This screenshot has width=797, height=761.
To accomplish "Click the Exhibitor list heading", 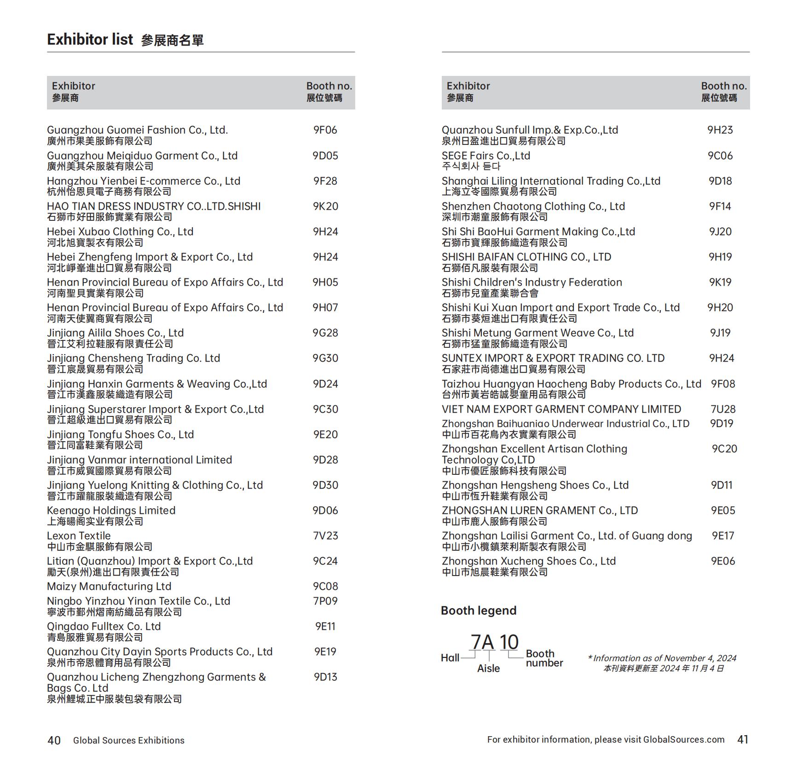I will (90, 40).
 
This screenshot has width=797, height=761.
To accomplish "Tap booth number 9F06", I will (325, 130).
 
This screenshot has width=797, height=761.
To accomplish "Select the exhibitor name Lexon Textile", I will (79, 536).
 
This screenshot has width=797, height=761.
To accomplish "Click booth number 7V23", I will (325, 536).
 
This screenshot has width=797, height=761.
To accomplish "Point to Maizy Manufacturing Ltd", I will (109, 587).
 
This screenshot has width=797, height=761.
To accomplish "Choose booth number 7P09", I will (325, 601).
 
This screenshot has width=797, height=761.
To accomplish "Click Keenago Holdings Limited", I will (111, 511).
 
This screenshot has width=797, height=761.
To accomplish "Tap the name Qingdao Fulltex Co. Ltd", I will (104, 627).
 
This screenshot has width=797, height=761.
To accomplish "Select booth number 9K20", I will (325, 207).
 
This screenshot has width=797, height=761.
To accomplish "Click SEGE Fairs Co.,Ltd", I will (485, 156).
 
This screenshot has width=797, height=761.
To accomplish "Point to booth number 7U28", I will (722, 409).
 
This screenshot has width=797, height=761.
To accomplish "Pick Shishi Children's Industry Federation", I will (531, 282).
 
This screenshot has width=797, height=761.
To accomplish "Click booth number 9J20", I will (720, 232).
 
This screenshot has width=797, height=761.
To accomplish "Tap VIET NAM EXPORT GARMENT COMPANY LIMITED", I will (561, 409).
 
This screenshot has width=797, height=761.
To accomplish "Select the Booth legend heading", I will (478, 611).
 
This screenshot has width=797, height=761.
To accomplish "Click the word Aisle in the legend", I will (488, 669).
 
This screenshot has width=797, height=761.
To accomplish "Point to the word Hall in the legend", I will (450, 658).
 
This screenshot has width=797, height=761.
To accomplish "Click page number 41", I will (743, 739).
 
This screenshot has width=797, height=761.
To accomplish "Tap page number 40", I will (54, 740).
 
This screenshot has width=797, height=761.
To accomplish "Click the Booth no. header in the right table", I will (723, 86).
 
